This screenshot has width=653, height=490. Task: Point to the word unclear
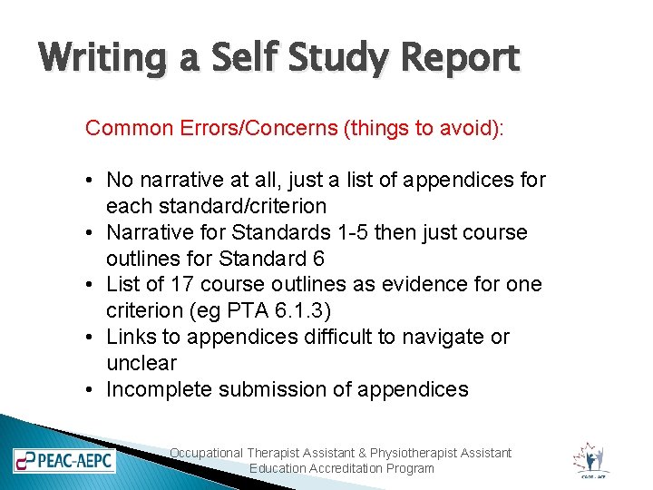click(141, 363)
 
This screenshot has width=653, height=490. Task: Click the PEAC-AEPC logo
click(64, 460)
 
